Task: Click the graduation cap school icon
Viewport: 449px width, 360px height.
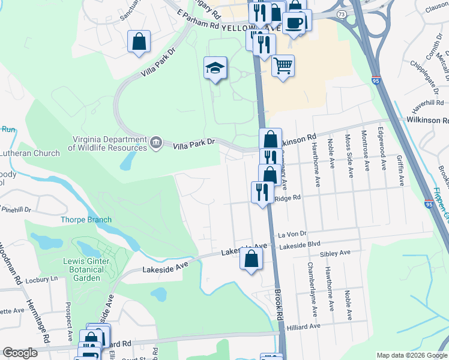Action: [x=214, y=68]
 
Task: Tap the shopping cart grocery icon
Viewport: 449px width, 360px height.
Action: [x=283, y=65]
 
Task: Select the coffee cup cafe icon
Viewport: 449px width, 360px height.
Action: [x=294, y=23]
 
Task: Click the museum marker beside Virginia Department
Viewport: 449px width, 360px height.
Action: [x=156, y=142]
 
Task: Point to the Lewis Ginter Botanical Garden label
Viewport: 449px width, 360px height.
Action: [x=86, y=269]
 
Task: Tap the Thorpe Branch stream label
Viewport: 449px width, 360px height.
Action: [x=86, y=220]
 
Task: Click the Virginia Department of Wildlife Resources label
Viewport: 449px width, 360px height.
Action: [x=107, y=143]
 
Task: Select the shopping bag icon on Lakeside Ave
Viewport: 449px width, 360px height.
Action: [x=252, y=259]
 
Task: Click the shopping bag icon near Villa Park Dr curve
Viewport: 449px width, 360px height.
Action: [x=139, y=42]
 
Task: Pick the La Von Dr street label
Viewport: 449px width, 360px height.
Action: [x=291, y=234]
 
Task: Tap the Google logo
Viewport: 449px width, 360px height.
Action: [x=20, y=353]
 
